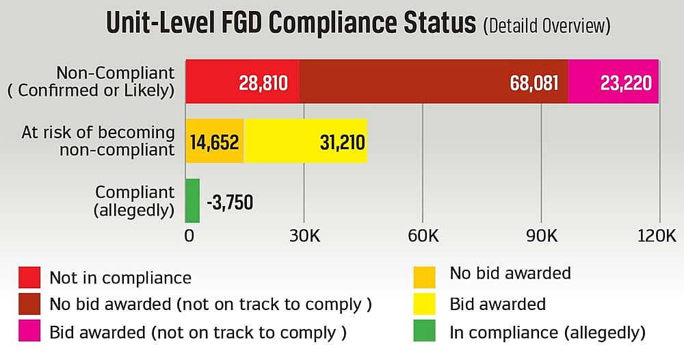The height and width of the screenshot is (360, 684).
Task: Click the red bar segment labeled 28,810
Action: (243, 81)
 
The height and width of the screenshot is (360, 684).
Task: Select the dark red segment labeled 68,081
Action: (434, 81)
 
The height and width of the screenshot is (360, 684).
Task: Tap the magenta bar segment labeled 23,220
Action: (614, 81)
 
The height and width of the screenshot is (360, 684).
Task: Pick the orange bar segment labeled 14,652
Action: (215, 141)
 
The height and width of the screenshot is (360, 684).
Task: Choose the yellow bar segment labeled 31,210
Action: (305, 141)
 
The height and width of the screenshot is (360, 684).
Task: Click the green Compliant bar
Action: (193, 201)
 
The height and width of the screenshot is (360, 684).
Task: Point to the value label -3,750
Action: (230, 203)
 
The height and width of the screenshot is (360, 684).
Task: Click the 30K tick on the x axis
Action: (304, 235)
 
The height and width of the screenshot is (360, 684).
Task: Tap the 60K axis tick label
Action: (423, 235)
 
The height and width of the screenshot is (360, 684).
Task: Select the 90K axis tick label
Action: (542, 235)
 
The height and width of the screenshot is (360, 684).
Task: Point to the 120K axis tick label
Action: (657, 235)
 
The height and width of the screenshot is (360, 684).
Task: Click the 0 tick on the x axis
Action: (189, 235)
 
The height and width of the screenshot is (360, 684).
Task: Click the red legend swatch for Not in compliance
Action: (29, 277)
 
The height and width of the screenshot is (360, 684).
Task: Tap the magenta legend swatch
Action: (29, 331)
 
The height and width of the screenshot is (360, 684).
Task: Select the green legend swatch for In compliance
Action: (425, 331)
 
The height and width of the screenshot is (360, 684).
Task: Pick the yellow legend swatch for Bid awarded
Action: (425, 304)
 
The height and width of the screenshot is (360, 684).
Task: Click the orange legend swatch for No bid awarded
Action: (425, 277)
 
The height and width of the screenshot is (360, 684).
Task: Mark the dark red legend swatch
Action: (29, 304)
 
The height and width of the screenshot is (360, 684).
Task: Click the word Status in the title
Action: (439, 23)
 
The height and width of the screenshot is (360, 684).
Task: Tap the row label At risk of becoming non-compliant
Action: (98, 141)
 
